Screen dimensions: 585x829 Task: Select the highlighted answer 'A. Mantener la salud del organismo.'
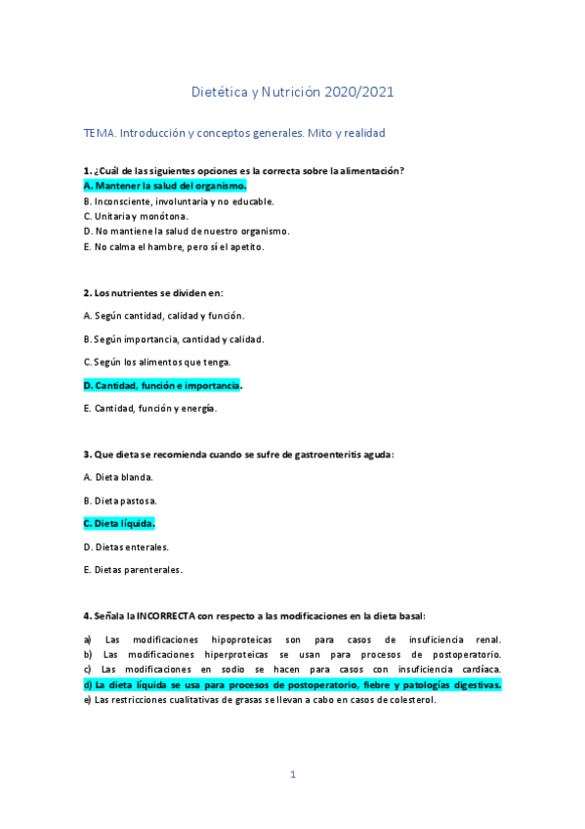click(164, 185)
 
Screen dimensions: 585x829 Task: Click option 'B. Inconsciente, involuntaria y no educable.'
click(179, 200)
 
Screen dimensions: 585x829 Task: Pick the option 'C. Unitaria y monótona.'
click(136, 215)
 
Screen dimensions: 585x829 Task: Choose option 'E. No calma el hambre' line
click(174, 246)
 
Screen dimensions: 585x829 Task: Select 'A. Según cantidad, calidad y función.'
click(163, 316)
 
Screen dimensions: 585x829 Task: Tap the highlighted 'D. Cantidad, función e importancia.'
click(162, 385)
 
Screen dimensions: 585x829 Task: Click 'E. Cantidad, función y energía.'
click(150, 409)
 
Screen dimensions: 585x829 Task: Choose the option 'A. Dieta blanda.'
click(118, 477)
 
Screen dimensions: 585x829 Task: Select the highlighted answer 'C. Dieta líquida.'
click(119, 524)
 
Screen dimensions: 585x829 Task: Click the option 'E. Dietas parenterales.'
click(133, 570)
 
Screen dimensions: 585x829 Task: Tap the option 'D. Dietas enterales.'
click(126, 546)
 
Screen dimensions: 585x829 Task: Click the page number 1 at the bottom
click(292, 775)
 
